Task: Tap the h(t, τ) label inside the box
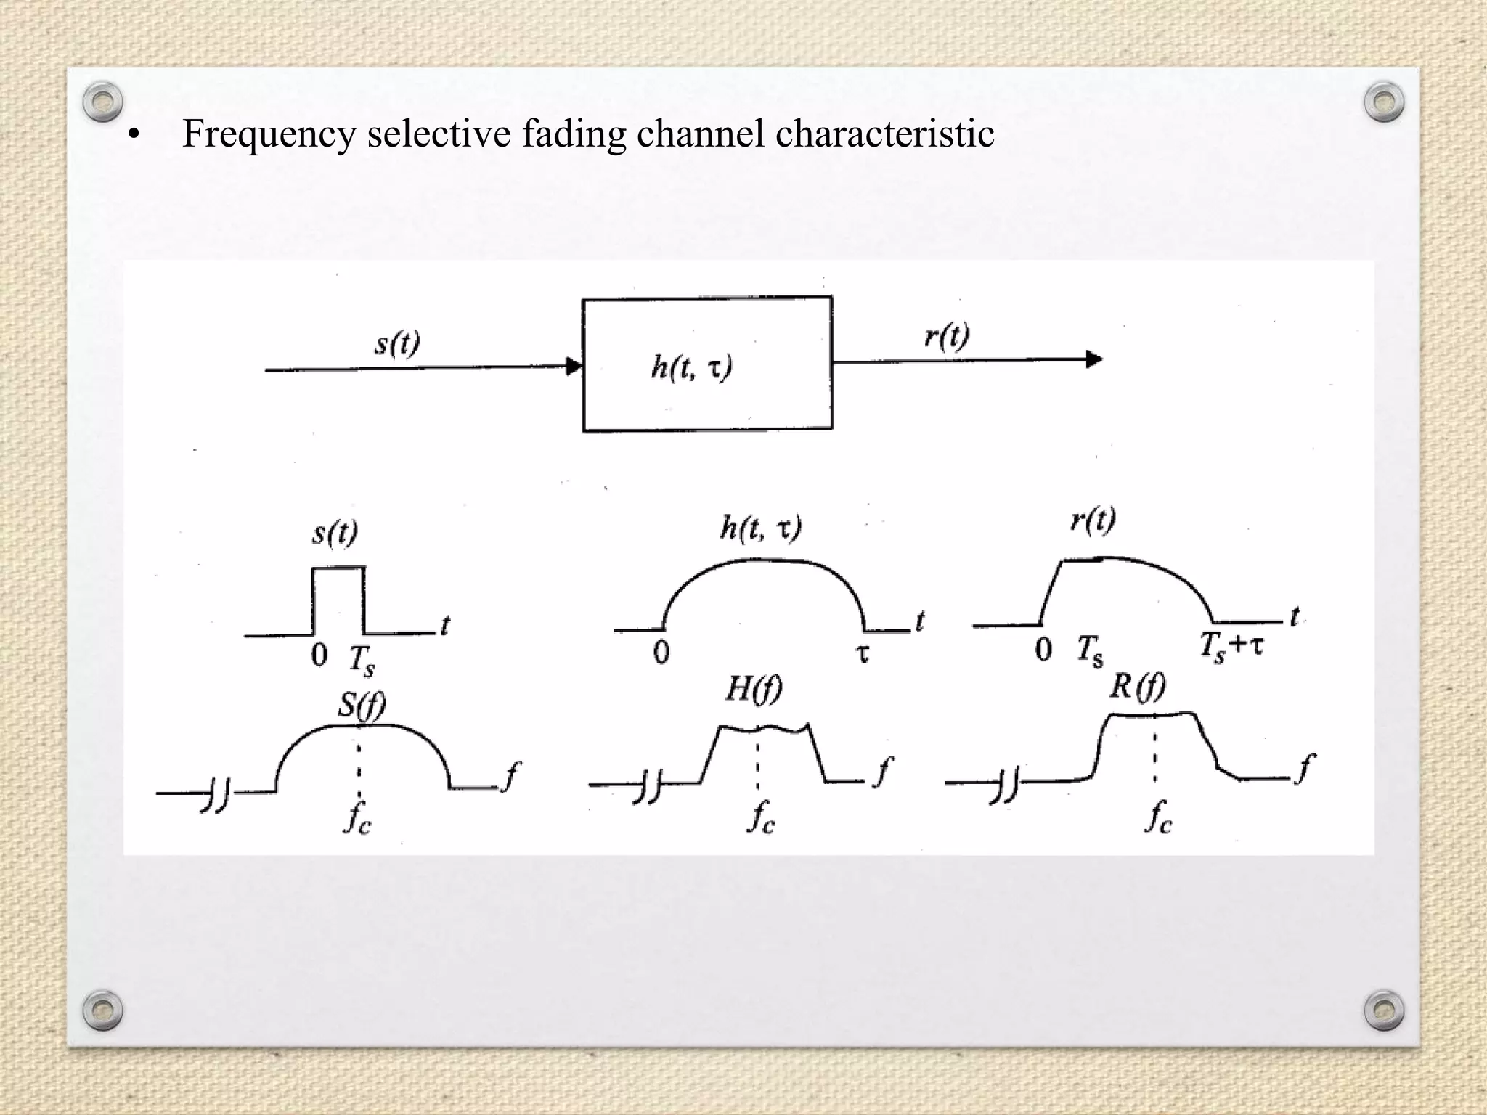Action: [x=691, y=367]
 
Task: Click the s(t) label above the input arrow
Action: [x=397, y=343]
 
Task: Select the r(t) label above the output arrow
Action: [x=947, y=336]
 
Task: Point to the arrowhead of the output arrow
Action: [x=1093, y=359]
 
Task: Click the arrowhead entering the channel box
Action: [x=574, y=367]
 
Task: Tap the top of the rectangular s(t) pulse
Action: [x=338, y=568]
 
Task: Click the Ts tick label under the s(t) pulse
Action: [x=362, y=658]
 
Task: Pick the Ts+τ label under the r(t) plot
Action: [x=1231, y=645]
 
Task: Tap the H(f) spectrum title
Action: [x=754, y=688]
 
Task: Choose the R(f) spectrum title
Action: [x=1137, y=686]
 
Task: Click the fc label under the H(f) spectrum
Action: [x=761, y=817]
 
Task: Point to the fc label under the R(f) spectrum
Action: [x=1158, y=817]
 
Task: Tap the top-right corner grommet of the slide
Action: [x=1384, y=101]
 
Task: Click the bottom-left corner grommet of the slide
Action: [x=102, y=1010]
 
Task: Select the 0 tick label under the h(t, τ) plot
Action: [x=661, y=653]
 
